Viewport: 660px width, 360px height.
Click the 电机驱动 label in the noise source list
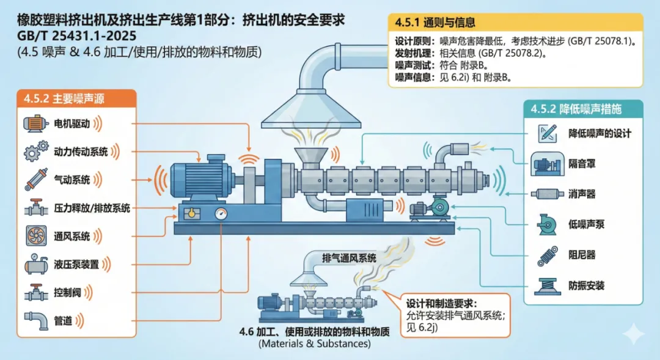coord(72,123)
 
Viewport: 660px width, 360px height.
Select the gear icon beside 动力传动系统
coord(35,151)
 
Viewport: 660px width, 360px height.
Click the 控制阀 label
coord(67,292)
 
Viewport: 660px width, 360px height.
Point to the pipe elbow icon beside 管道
coord(35,319)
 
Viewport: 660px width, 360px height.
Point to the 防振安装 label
coord(587,285)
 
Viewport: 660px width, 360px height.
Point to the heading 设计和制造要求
coord(441,303)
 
